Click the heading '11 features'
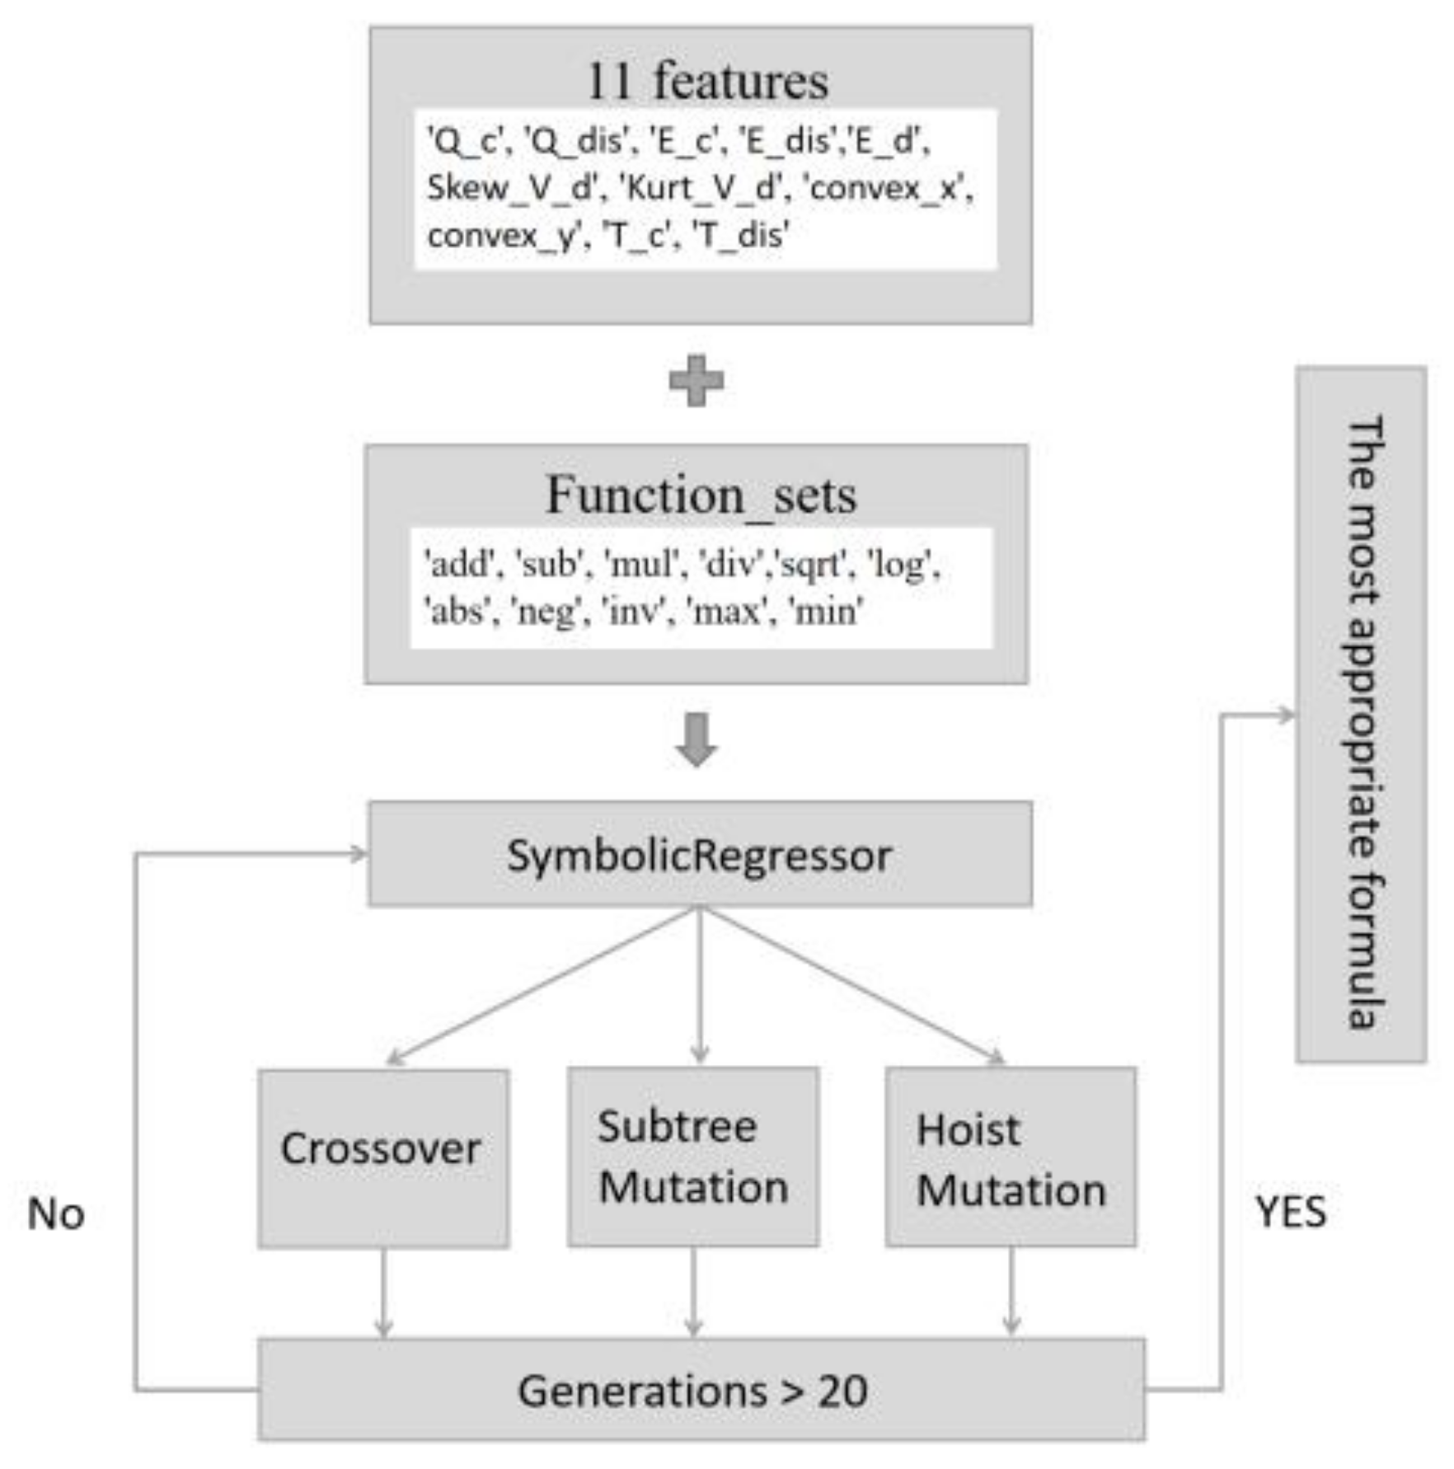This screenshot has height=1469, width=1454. pos(706,81)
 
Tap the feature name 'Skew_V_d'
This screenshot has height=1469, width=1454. pos(510,188)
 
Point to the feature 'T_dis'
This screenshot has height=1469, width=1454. pos(739,236)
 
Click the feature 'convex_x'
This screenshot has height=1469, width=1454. pos(887,188)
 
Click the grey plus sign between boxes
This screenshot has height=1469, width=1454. pos(697,381)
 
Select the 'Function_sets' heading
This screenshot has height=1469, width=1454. pos(701,495)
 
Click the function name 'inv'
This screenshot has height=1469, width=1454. pos(633,612)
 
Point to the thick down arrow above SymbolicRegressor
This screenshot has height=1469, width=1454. pos(697,739)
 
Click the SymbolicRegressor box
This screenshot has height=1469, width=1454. pos(700,855)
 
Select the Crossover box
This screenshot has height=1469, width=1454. pos(382,1158)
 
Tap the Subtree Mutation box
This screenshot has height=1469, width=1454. pos(692,1157)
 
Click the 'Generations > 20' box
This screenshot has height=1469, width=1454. pos(701,1391)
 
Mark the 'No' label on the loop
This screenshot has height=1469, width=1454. pos(56,1214)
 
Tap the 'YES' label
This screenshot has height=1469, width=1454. pos(1291,1212)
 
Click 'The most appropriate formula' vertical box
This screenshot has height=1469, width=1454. pos(1361,715)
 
